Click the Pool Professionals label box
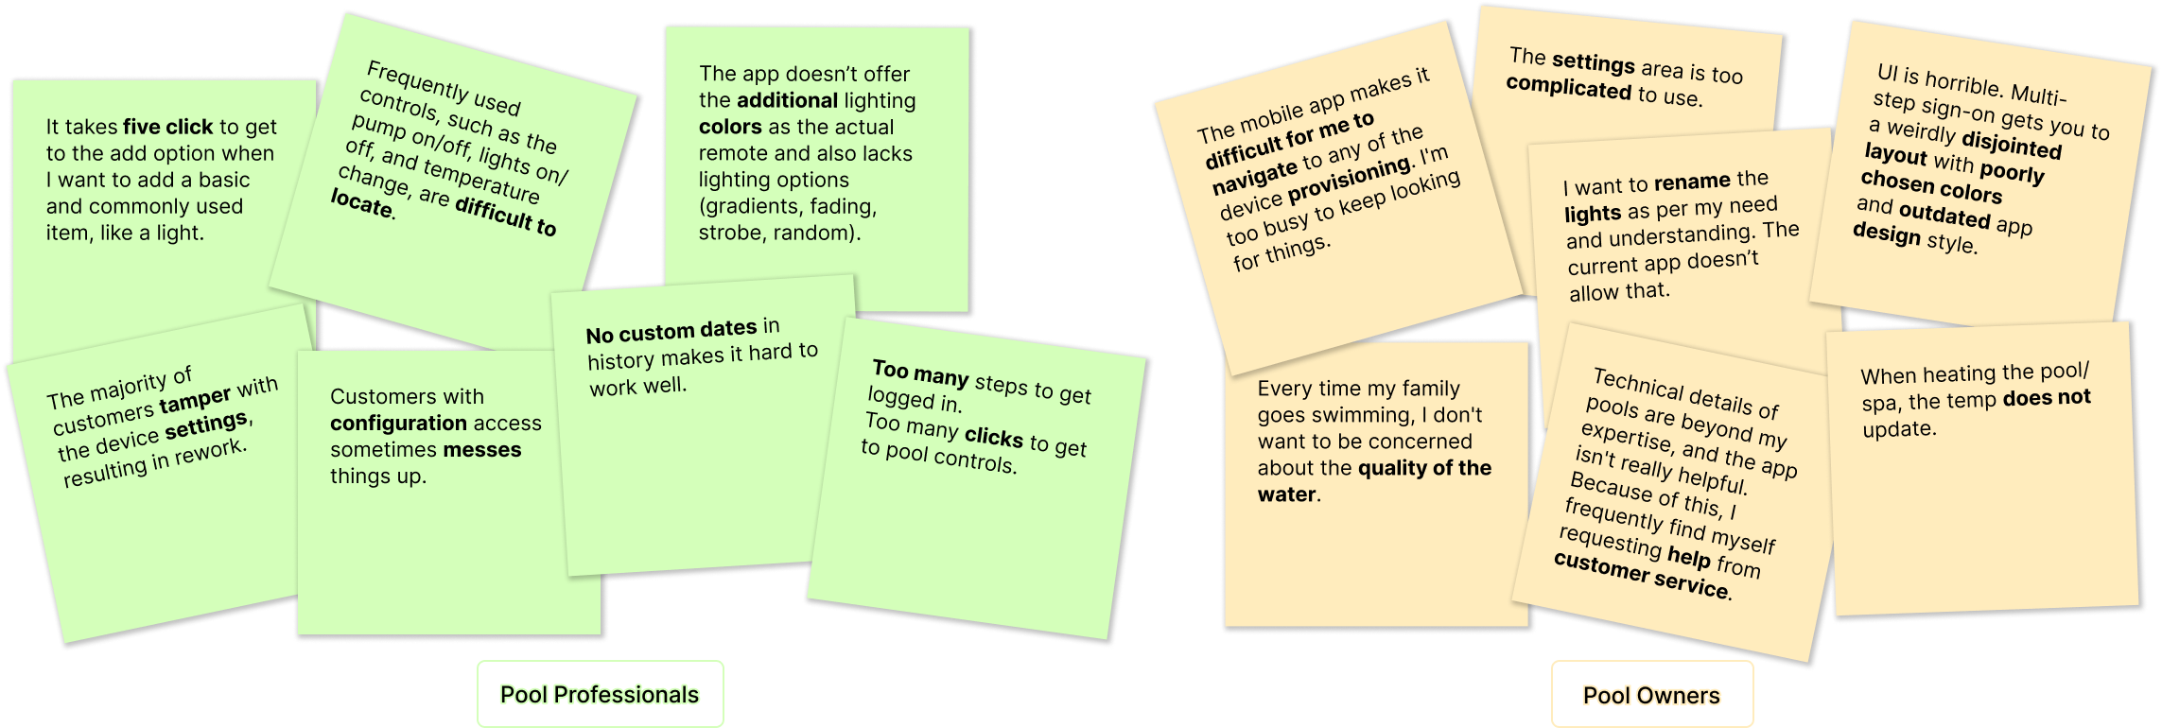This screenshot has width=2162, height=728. [601, 694]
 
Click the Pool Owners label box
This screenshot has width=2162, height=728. [1652, 695]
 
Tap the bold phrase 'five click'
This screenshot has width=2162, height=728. [168, 127]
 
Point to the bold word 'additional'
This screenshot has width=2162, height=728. [787, 100]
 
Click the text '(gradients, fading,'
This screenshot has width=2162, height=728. [788, 207]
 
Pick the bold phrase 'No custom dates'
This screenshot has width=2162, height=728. [671, 331]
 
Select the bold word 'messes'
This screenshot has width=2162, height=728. [482, 450]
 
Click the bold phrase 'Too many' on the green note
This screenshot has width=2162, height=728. [920, 374]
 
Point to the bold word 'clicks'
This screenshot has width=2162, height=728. [994, 437]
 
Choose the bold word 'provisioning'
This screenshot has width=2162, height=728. [1350, 178]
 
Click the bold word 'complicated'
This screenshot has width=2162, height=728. [1569, 87]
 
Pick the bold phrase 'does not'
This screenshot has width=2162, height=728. [2047, 398]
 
